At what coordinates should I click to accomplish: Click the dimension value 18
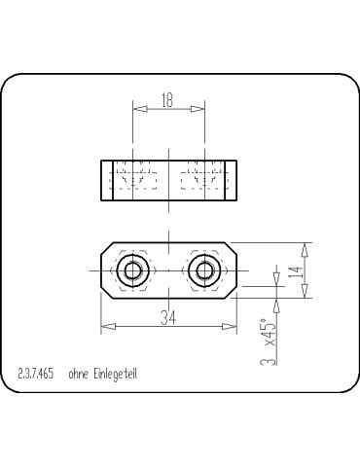click(x=169, y=98)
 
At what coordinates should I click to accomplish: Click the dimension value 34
click(x=169, y=317)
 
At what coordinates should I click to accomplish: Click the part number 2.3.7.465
click(x=35, y=374)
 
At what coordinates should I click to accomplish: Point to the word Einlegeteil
click(x=116, y=374)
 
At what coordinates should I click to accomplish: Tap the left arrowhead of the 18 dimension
click(x=136, y=108)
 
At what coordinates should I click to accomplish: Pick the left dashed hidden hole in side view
click(x=134, y=178)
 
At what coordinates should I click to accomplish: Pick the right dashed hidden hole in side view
click(x=204, y=178)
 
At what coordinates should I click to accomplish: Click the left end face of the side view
click(x=102, y=178)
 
